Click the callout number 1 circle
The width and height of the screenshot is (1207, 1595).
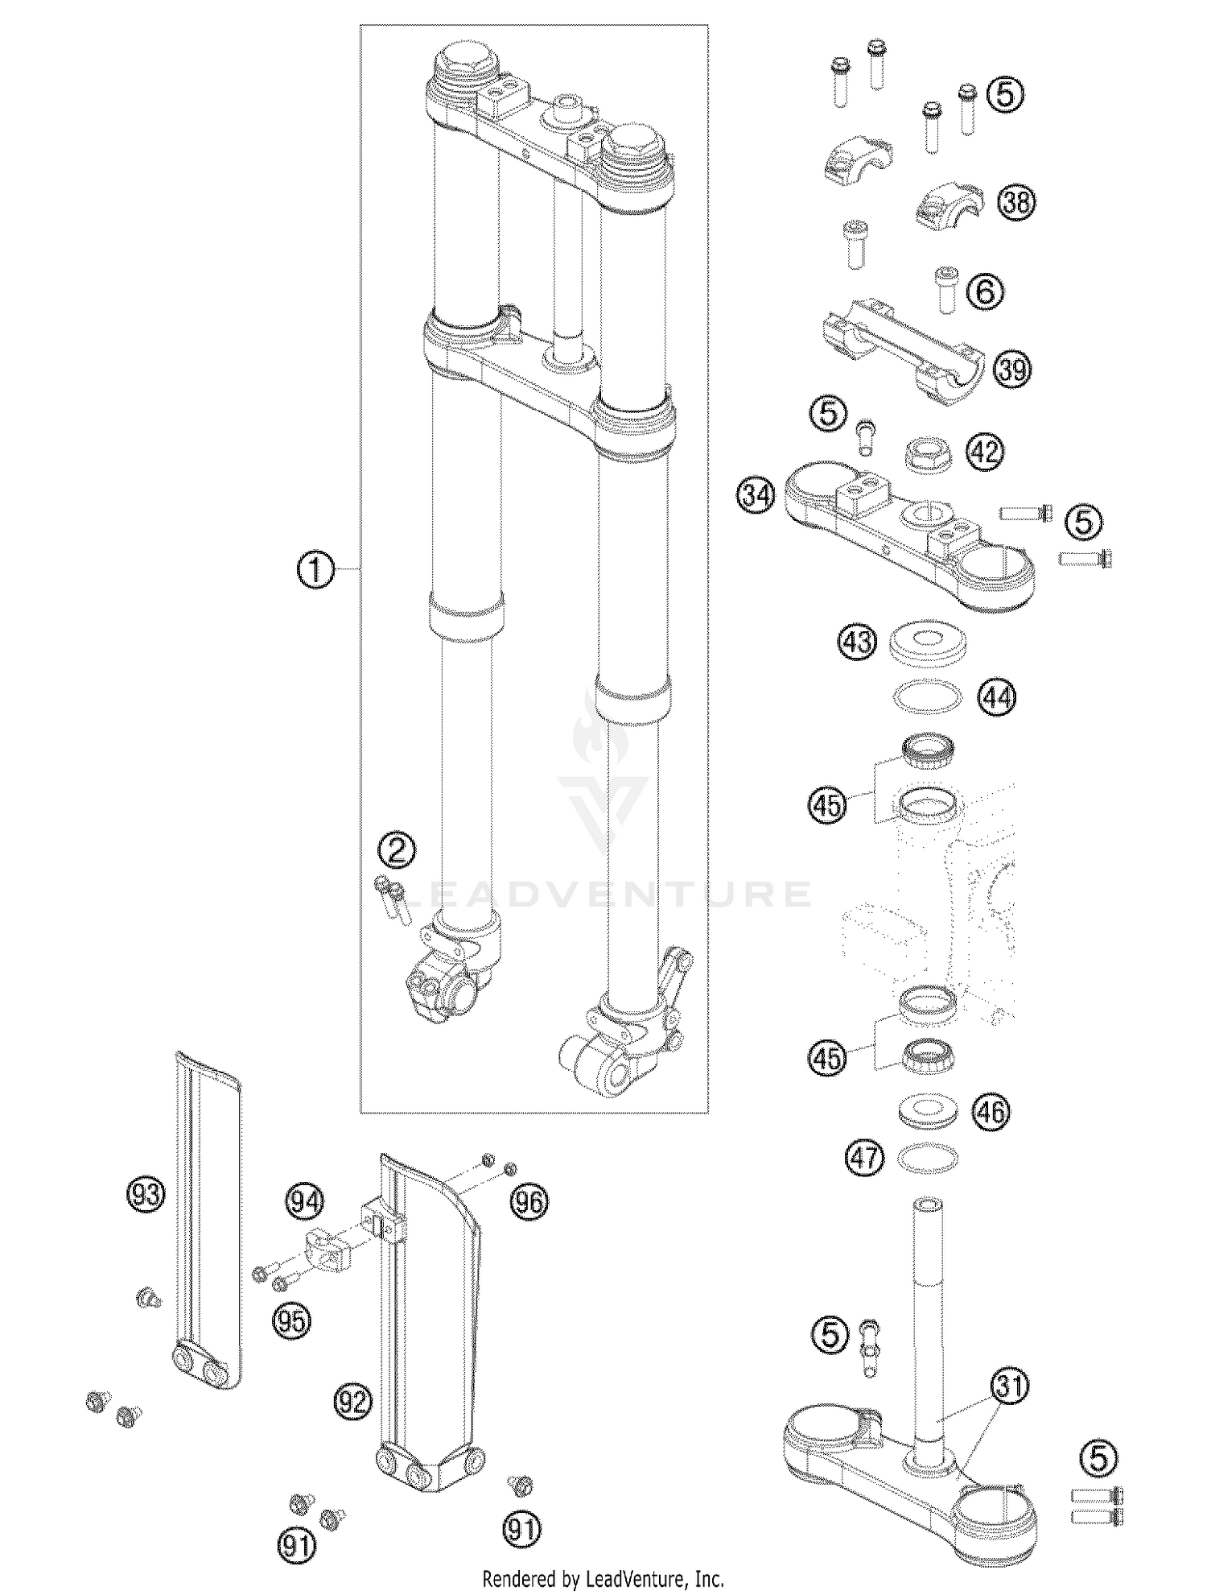click(x=315, y=570)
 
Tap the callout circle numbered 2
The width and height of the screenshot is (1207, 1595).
click(x=398, y=850)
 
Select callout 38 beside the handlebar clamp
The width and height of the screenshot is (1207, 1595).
click(x=1016, y=202)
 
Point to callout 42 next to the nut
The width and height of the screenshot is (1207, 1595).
click(x=985, y=452)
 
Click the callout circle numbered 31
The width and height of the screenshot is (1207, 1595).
click(x=1009, y=1386)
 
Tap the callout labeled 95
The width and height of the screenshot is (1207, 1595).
click(x=290, y=1320)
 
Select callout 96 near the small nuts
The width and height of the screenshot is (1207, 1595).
click(x=529, y=1202)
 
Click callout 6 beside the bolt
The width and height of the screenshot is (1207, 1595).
click(x=985, y=291)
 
